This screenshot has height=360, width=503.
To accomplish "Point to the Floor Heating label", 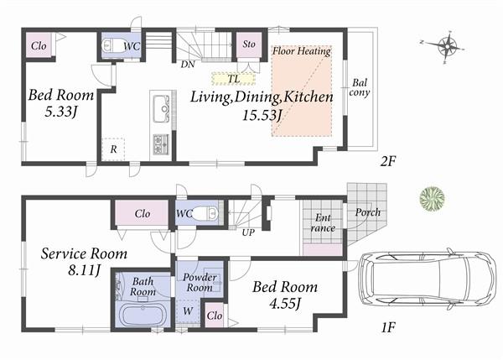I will point(301,51).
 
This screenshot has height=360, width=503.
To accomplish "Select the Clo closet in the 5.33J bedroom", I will point(39,45).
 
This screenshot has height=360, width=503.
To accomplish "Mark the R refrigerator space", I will point(113,149).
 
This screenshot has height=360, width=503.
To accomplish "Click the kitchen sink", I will point(161,107).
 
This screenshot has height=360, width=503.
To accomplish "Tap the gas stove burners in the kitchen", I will point(160,144).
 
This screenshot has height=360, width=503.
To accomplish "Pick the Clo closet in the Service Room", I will point(142,214).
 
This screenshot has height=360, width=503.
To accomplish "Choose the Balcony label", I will point(359,88).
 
